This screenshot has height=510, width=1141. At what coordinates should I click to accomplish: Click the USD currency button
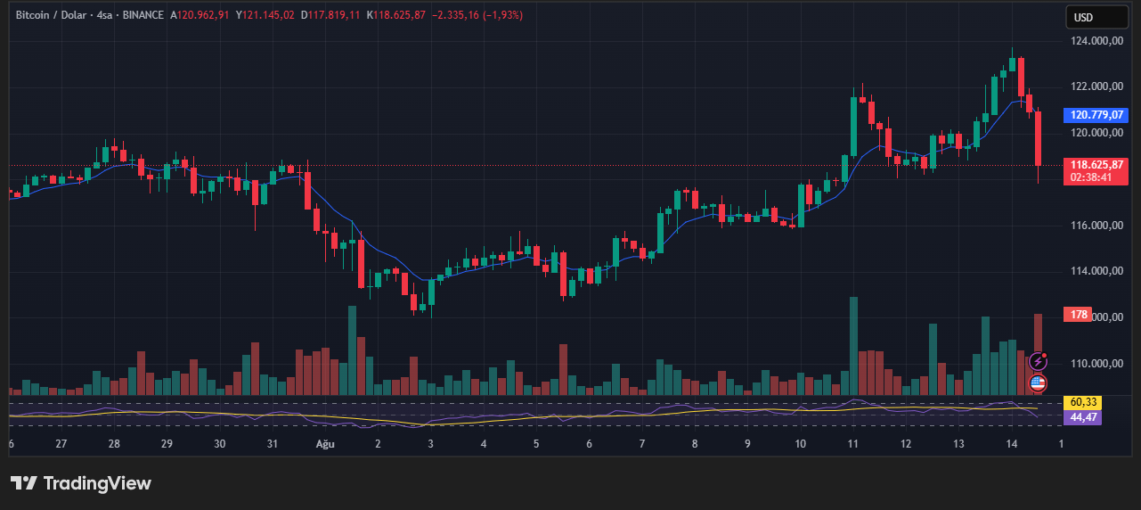1083,17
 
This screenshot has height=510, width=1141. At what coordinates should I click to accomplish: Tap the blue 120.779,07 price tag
1096,115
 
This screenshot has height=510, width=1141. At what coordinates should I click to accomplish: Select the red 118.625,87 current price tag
1097,165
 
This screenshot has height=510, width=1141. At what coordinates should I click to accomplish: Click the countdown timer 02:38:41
1091,177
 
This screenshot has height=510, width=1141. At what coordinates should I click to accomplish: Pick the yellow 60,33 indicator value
1083,403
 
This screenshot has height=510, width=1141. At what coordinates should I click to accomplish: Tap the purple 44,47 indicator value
1083,416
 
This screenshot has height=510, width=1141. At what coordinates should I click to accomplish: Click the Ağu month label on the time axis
326,443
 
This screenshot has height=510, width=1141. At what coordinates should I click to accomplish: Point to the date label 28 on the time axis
114,443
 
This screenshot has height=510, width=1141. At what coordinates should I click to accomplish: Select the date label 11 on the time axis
853,443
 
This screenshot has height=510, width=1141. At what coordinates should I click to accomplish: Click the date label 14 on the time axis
1012,443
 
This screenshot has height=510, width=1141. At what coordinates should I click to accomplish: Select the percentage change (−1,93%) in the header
503,15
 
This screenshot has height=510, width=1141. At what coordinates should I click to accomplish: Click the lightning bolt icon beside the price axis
1038,361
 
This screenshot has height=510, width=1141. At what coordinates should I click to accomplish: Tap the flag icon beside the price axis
1038,383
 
